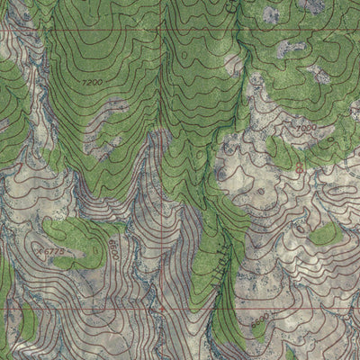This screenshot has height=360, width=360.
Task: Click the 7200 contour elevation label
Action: (92, 84)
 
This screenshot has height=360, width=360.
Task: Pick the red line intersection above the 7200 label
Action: (163, 31)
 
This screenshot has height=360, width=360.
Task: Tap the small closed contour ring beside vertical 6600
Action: (127, 236)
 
